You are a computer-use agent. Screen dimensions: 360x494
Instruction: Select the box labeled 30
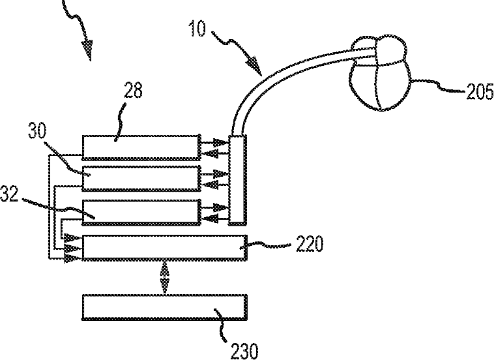click(141, 177)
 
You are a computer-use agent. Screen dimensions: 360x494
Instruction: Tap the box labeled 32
click(141, 210)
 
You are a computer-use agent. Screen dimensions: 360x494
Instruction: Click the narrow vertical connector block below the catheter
click(237, 179)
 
